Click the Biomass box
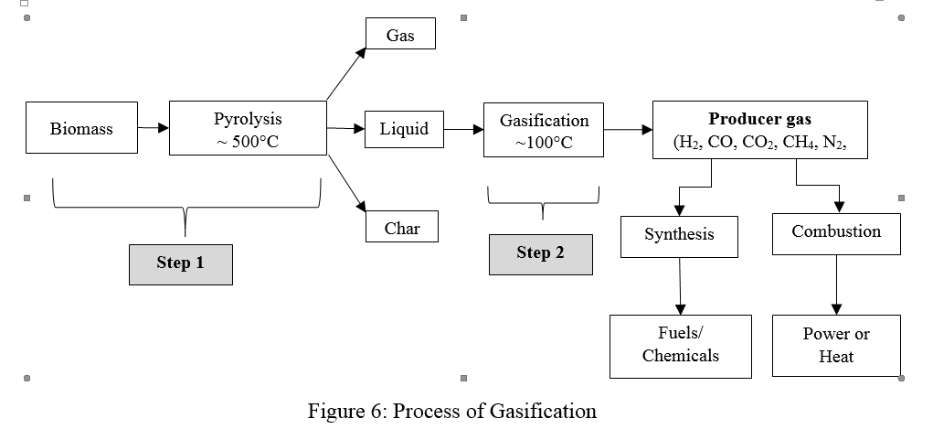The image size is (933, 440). coord(82,129)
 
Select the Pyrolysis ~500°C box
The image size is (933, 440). coord(248,129)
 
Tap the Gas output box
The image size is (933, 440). coord(400,35)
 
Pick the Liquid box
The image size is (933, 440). coord(404,129)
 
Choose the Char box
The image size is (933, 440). coord(402,228)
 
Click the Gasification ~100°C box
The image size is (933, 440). coord(544,130)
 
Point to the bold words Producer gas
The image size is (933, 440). coord(759,119)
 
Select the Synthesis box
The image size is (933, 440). coord(679,236)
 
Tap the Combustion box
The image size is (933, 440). coord(836,232)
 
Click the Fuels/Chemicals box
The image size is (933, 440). coord(681,346)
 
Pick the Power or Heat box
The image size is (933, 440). coord(836,346)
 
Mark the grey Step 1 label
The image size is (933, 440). coord(180,263)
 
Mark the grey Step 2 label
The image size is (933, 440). coord(540,253)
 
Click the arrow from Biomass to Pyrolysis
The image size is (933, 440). coord(154,129)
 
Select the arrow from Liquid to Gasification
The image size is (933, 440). coord(463,130)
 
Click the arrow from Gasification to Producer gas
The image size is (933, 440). coord(628,130)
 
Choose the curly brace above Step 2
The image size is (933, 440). coord(543,201)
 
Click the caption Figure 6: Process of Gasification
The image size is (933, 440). coord(452,411)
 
